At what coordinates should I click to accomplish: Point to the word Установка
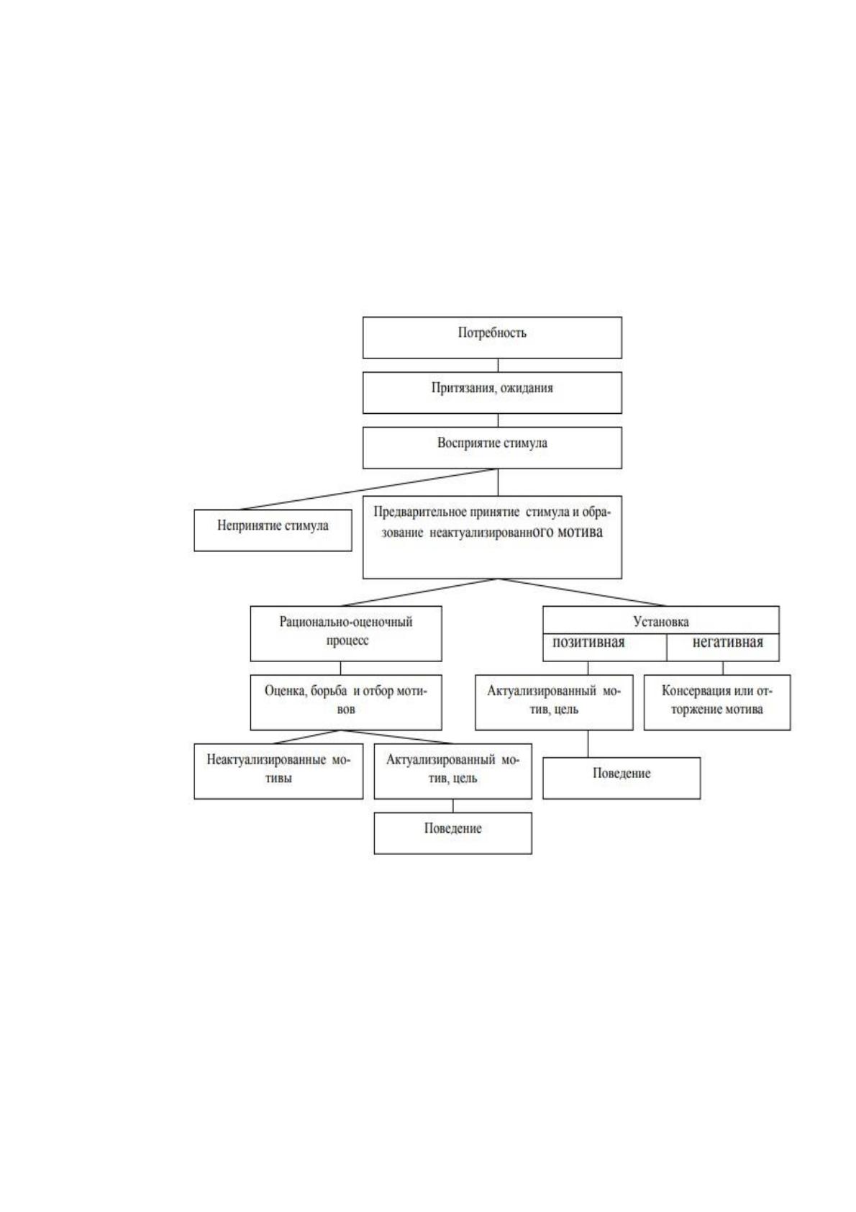(661, 622)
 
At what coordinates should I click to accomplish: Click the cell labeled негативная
(723, 647)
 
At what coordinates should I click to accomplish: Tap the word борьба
(329, 691)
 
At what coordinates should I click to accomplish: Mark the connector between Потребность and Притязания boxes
(498, 365)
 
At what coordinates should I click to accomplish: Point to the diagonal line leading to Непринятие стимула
(368, 489)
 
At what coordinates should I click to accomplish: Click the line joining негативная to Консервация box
(723, 668)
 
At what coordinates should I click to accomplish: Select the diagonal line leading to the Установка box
(582, 592)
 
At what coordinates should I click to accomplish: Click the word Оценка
(285, 691)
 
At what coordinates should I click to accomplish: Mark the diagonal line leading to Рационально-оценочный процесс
(419, 592)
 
